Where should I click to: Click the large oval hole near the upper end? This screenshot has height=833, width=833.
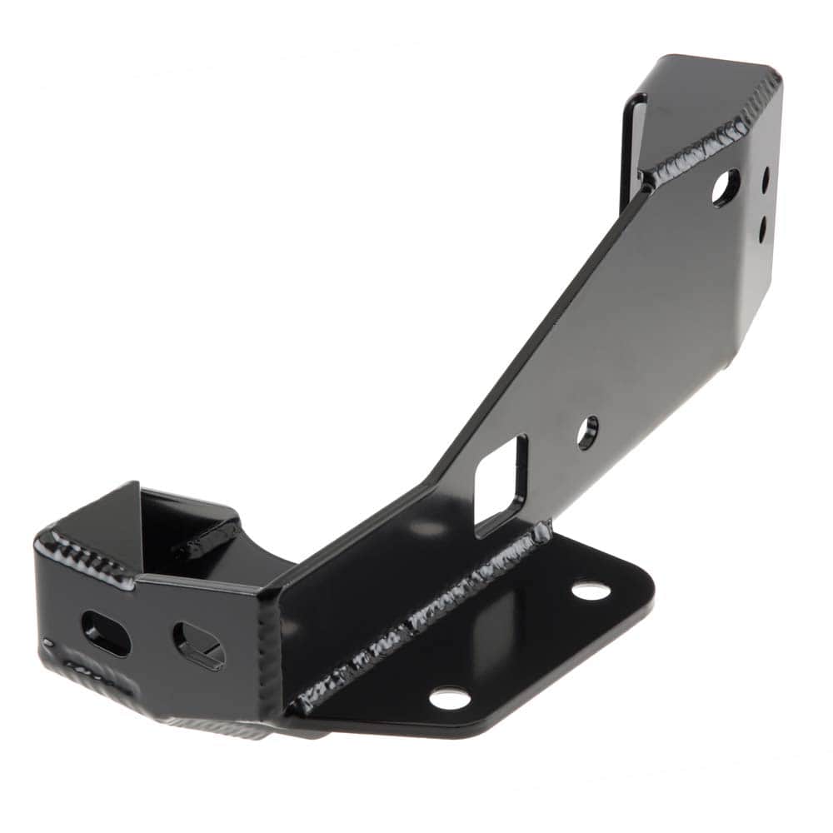tap(725, 187)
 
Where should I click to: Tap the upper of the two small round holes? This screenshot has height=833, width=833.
tap(766, 178)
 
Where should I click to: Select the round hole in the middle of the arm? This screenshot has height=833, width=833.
tap(588, 432)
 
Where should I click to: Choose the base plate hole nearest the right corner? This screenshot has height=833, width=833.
tap(591, 591)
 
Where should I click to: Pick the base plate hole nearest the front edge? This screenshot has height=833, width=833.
tap(450, 698)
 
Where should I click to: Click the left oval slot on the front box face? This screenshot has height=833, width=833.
tap(106, 634)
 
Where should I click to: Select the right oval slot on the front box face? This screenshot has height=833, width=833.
tap(198, 645)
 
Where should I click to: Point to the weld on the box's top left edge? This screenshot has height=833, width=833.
tap(83, 554)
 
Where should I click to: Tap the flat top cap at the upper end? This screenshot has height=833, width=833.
tap(708, 92)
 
